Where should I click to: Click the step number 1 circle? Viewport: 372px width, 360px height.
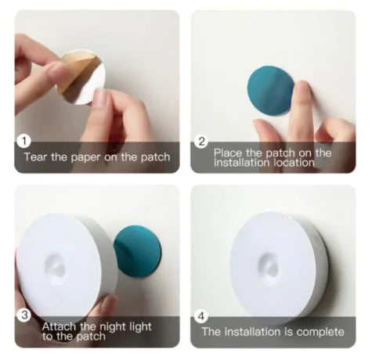24,142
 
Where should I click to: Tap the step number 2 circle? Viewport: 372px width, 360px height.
201,142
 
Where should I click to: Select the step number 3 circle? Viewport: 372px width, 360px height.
24,315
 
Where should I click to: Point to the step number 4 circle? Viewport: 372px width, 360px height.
201,316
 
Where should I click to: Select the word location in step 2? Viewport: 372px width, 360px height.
294,163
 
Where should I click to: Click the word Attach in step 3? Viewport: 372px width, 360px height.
59,326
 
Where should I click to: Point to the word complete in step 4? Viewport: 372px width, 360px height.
320,332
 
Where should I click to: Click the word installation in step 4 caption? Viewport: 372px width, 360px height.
253,332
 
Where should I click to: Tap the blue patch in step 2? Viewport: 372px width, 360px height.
271,91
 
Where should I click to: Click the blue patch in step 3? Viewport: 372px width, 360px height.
138,252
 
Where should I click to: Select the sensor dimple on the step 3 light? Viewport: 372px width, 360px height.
55,269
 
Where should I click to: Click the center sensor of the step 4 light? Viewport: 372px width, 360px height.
269,265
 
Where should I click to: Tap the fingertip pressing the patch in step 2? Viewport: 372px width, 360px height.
302,88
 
